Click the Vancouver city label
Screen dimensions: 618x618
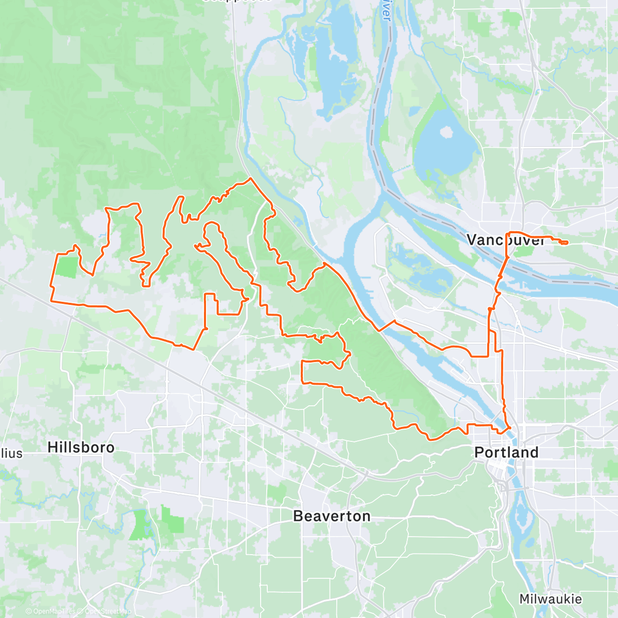505,240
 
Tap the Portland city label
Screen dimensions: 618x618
506,453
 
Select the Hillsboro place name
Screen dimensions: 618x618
81,447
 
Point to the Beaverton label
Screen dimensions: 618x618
332,516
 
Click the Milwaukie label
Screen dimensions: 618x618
551,599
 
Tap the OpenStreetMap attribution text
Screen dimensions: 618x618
108,611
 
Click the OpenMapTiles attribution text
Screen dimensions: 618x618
54,611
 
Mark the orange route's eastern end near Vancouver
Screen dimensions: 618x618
566,243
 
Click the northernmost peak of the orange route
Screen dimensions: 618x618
250,179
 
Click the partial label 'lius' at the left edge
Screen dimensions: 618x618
11,453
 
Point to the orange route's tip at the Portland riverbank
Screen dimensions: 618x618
509,427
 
